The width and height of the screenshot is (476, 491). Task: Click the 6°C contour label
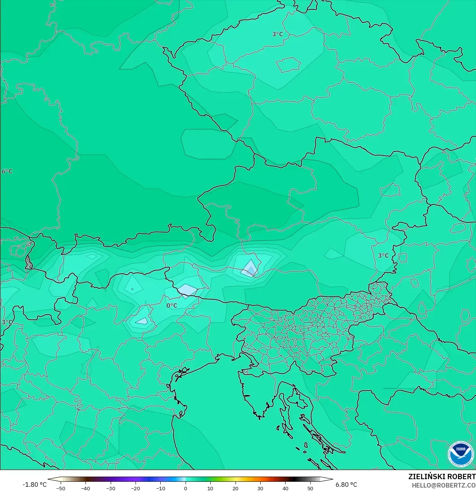click(x=7, y=171)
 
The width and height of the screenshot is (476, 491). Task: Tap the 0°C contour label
click(x=172, y=305)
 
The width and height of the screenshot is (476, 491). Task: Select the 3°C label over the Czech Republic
click(x=278, y=34)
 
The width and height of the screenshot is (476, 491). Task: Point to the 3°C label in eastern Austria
click(x=383, y=256)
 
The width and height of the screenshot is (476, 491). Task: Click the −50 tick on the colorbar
click(x=60, y=488)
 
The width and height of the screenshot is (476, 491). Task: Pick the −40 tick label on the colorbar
click(x=86, y=488)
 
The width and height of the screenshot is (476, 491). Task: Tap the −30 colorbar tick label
click(x=110, y=488)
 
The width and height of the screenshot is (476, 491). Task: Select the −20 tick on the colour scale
click(x=136, y=488)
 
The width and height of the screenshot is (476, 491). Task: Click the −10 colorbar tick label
click(x=161, y=488)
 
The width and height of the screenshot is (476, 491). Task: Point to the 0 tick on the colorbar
click(x=186, y=488)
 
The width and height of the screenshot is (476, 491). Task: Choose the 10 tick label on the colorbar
click(x=210, y=488)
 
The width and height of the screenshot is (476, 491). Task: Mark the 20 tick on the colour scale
click(x=236, y=488)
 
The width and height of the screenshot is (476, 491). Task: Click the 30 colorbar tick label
click(x=260, y=488)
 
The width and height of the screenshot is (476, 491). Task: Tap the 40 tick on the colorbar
click(x=285, y=488)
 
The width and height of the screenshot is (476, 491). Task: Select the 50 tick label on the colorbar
click(x=310, y=488)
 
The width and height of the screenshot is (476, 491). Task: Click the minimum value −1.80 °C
click(x=34, y=485)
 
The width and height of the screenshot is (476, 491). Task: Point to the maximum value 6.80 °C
click(x=346, y=485)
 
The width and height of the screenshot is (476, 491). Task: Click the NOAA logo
click(x=461, y=454)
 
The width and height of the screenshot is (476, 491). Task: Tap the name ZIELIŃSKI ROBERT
click(x=442, y=477)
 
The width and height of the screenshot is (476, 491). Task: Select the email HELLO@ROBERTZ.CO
click(x=444, y=485)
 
